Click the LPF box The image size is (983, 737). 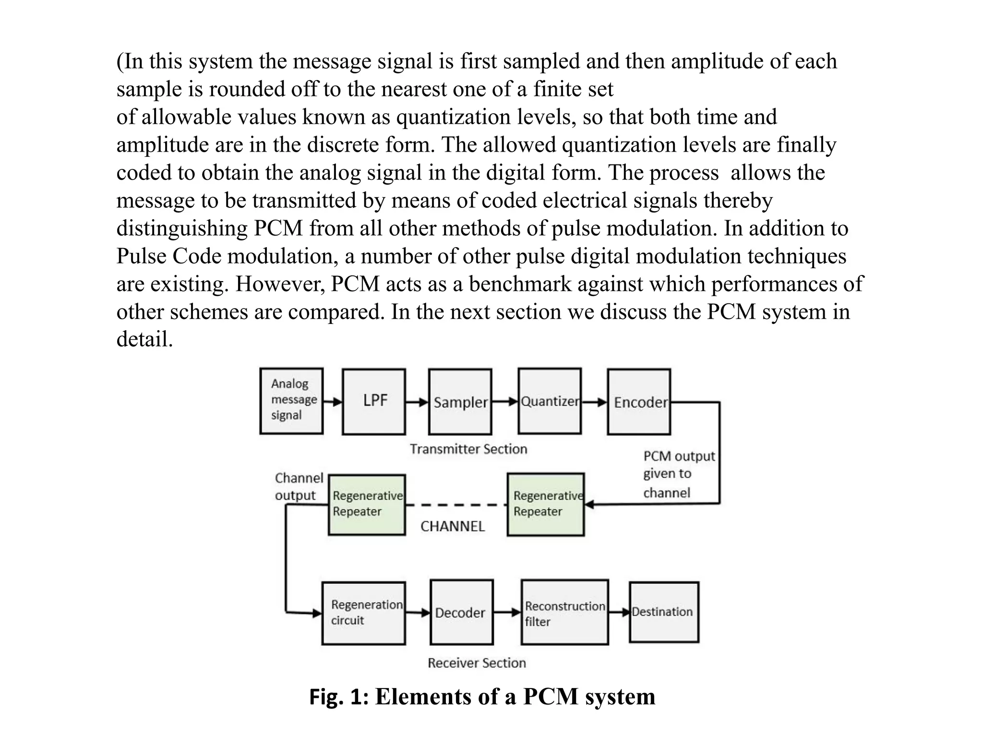pyautogui.click(x=374, y=402)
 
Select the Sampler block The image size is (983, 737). pyautogui.click(x=460, y=402)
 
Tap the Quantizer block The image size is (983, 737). pyautogui.click(x=550, y=401)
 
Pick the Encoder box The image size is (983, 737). pyautogui.click(x=639, y=402)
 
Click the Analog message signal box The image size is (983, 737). pyautogui.click(x=291, y=401)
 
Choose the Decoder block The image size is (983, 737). pyautogui.click(x=461, y=612)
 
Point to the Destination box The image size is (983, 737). pyautogui.click(x=664, y=612)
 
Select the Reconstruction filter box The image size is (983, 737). pyautogui.click(x=564, y=613)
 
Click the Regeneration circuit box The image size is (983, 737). pyautogui.click(x=363, y=613)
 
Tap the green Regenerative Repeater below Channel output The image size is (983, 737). pyautogui.click(x=367, y=504)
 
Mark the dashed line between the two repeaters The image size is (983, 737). pyautogui.click(x=456, y=505)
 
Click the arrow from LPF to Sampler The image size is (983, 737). pyautogui.click(x=417, y=402)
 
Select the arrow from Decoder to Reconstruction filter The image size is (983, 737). pyautogui.click(x=507, y=612)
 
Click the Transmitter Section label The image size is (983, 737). pyautogui.click(x=468, y=449)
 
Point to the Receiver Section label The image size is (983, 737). pyautogui.click(x=477, y=663)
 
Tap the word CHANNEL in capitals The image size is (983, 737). pyautogui.click(x=453, y=526)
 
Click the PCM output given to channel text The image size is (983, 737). pyautogui.click(x=678, y=474)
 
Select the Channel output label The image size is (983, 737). pyautogui.click(x=299, y=487)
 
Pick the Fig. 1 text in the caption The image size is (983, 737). pyautogui.click(x=338, y=697)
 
